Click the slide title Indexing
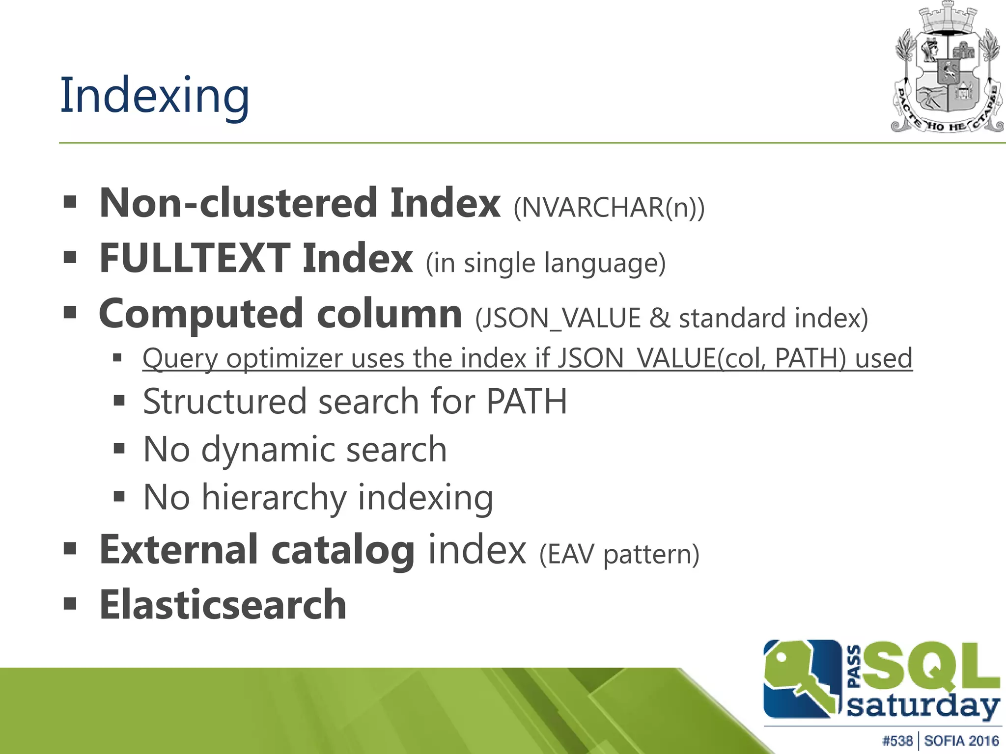tap(155, 96)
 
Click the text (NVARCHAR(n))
tap(609, 208)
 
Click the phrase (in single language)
tap(545, 263)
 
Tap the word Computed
tap(200, 315)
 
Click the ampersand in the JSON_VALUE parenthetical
tap(660, 318)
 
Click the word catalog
tap(342, 550)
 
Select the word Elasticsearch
tap(223, 605)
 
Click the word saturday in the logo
tap(923, 707)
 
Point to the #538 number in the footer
tap(897, 741)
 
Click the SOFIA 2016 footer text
tap(961, 741)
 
